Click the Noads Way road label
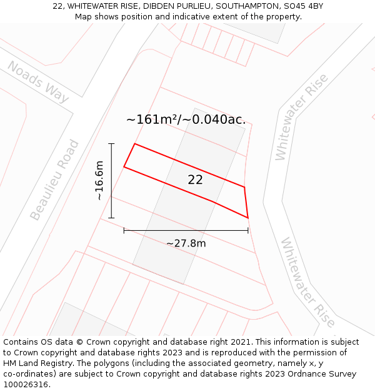click(x=37, y=82)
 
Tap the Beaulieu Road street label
click(x=55, y=180)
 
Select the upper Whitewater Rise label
click(x=302, y=116)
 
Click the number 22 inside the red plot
click(x=195, y=180)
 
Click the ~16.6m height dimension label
click(x=99, y=181)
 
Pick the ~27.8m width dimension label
click(x=186, y=243)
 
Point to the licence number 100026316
click(x=25, y=385)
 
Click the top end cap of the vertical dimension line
click(x=111, y=144)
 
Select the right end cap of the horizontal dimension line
click(x=248, y=230)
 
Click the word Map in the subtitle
click(x=84, y=16)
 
